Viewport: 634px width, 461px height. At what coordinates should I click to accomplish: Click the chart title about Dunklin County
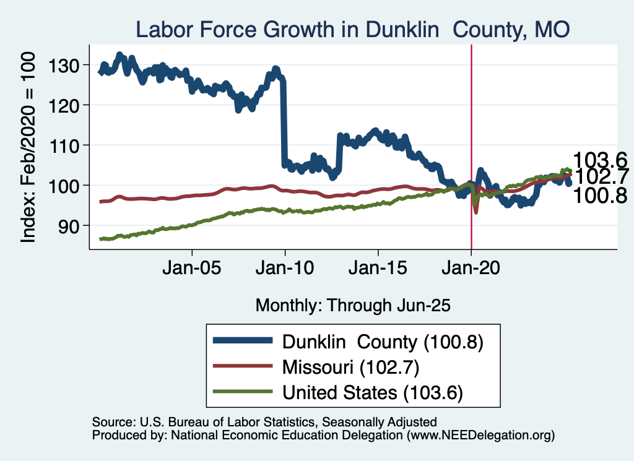pos(352,28)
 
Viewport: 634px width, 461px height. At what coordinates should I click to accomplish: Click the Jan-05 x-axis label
pos(192,270)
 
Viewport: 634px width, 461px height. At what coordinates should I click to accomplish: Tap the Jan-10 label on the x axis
pos(285,270)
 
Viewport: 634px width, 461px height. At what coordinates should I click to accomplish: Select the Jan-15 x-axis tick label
pos(378,270)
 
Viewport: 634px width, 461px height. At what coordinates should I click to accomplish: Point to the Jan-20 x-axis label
pos(471,270)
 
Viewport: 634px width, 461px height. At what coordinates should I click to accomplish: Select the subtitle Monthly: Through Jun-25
pos(352,305)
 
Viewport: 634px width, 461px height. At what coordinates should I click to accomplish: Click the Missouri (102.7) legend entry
pos(351,367)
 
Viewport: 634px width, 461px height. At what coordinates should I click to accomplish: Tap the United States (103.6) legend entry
pos(373,392)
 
